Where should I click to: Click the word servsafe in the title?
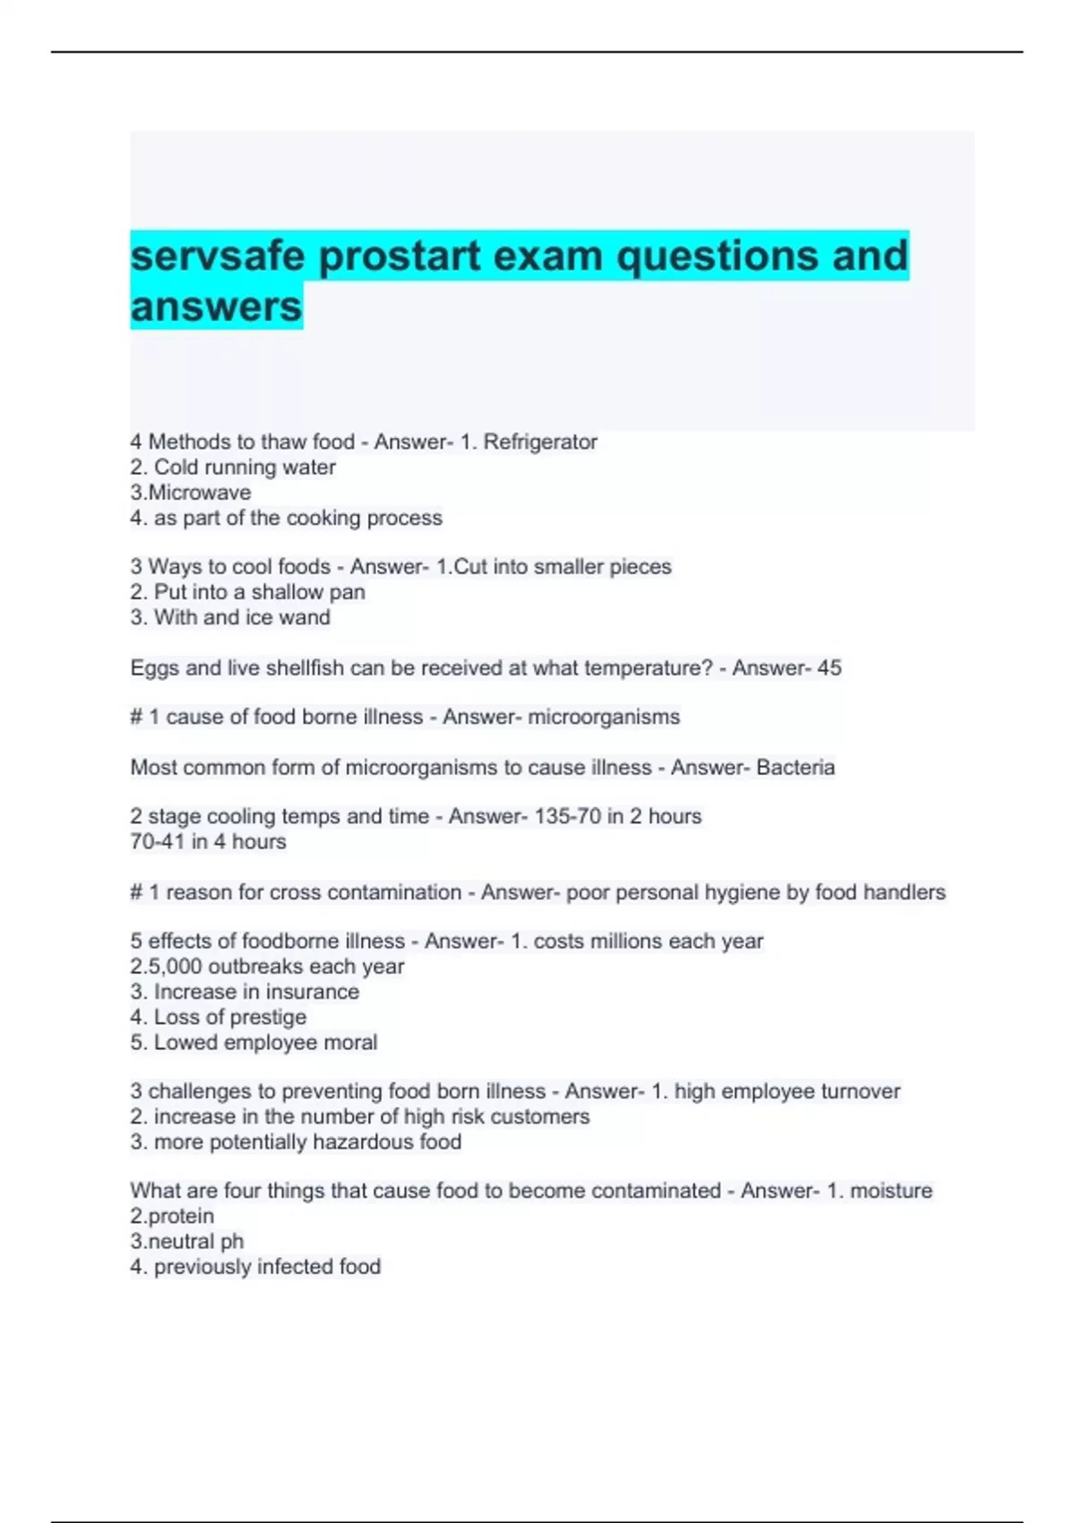(218, 256)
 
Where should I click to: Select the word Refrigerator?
(540, 442)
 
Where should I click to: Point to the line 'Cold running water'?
(233, 468)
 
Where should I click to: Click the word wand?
(305, 617)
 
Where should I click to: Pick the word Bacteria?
(795, 768)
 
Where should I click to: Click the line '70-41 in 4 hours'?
(208, 842)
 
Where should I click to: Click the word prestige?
(268, 1017)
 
